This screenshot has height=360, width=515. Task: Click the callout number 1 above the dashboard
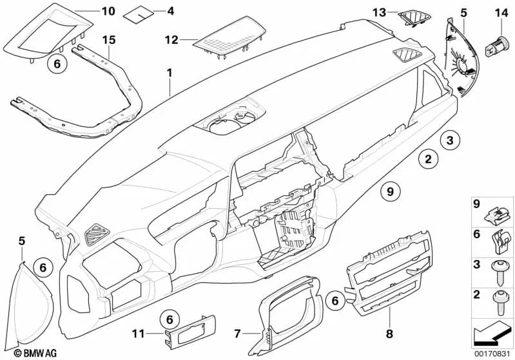click(x=169, y=73)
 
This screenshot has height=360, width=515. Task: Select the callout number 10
click(x=108, y=11)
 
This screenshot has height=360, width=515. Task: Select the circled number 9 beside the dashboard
click(x=390, y=190)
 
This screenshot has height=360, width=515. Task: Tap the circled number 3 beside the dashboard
click(x=450, y=139)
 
